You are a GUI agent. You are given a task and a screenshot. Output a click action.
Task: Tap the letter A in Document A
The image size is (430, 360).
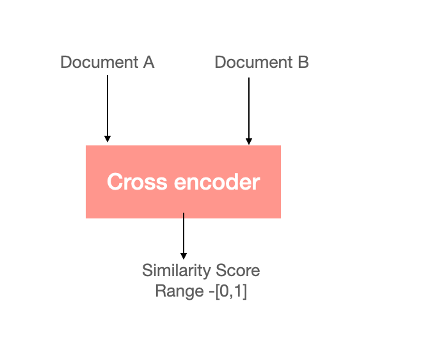pos(148,63)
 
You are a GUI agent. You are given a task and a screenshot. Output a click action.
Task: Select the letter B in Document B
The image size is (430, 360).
pos(303,63)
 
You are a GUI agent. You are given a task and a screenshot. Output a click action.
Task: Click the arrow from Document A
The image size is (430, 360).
pos(107,106)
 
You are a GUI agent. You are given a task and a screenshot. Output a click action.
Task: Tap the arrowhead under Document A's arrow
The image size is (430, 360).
pos(107,138)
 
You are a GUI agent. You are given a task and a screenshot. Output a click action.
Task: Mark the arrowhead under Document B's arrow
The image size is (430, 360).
pos(249,142)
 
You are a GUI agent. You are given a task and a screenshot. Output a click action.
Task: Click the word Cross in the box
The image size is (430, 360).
pos(132,182)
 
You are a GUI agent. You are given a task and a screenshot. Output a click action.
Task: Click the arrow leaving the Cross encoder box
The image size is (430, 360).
pos(184,234)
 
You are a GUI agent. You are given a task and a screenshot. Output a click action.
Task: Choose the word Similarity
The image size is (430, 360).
pos(173,270)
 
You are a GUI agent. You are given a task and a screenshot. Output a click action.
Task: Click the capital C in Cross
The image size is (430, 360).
pos(115,182)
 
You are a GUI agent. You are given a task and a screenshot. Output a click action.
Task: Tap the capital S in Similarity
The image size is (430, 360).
pos(147,270)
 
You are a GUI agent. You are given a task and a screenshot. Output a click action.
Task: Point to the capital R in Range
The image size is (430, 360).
pos(160,291)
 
